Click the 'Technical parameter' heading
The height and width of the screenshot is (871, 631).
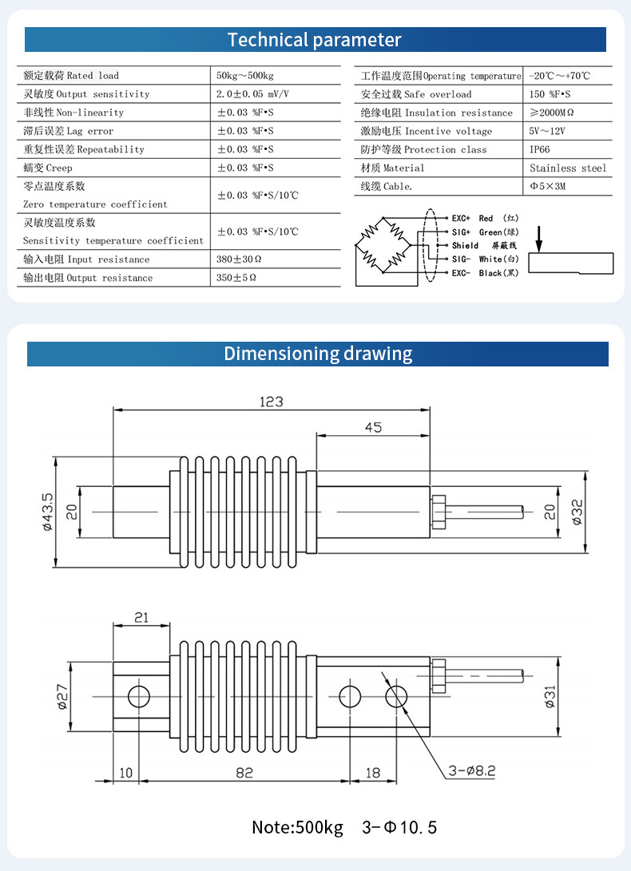click(x=315, y=39)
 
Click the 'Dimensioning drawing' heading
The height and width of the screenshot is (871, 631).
click(x=318, y=354)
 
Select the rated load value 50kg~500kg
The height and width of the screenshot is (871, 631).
click(x=244, y=76)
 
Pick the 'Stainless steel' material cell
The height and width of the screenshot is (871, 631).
click(x=568, y=168)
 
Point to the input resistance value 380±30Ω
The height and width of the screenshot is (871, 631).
click(x=240, y=259)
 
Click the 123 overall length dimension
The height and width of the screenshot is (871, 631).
click(x=271, y=402)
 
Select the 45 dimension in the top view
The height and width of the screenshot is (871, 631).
click(x=373, y=427)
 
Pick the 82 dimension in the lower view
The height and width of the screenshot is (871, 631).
click(x=244, y=772)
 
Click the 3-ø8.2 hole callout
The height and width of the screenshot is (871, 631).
click(x=471, y=770)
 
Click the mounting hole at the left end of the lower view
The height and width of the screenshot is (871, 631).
click(x=139, y=695)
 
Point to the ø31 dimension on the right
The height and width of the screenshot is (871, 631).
click(x=550, y=696)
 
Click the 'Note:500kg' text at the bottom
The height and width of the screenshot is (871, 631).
click(x=297, y=826)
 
